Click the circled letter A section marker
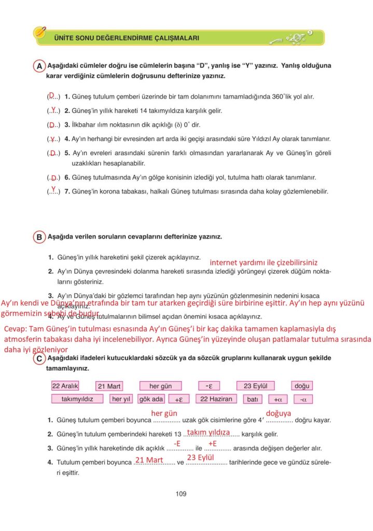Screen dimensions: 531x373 (39, 66)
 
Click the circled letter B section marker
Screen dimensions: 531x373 (39, 237)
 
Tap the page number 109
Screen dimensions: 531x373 (181, 494)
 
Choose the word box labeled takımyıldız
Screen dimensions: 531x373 (77, 399)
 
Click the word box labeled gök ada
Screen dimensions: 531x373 (151, 399)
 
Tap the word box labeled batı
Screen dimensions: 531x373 (253, 399)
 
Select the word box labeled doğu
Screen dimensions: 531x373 (301, 386)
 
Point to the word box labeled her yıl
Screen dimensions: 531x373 (122, 399)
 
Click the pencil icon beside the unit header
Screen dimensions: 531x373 (40, 33)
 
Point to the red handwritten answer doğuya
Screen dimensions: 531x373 (278, 413)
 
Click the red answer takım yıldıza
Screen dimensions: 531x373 (208, 432)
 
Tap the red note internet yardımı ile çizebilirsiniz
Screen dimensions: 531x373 (264, 262)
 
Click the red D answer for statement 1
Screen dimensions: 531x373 (52, 94)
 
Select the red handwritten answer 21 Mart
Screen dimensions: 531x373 (149, 459)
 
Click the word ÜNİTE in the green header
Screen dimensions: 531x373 (62, 38)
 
